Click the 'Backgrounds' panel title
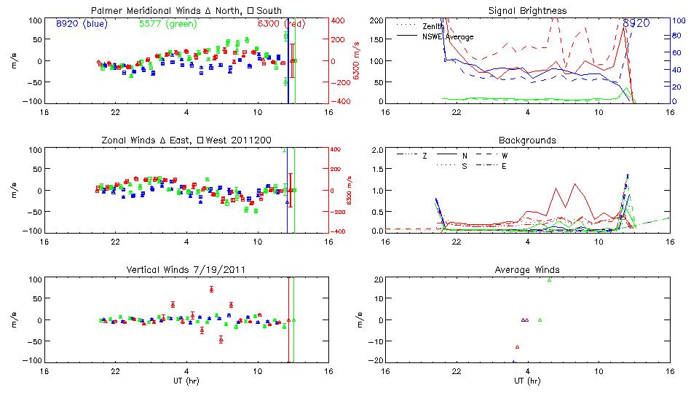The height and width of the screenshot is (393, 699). click(x=528, y=140)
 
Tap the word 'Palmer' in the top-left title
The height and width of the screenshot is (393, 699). click(x=106, y=11)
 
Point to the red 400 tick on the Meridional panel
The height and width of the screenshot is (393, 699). click(x=339, y=20)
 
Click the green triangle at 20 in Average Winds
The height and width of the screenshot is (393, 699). click(x=550, y=279)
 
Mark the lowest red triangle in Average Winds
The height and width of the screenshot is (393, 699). click(x=517, y=347)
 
